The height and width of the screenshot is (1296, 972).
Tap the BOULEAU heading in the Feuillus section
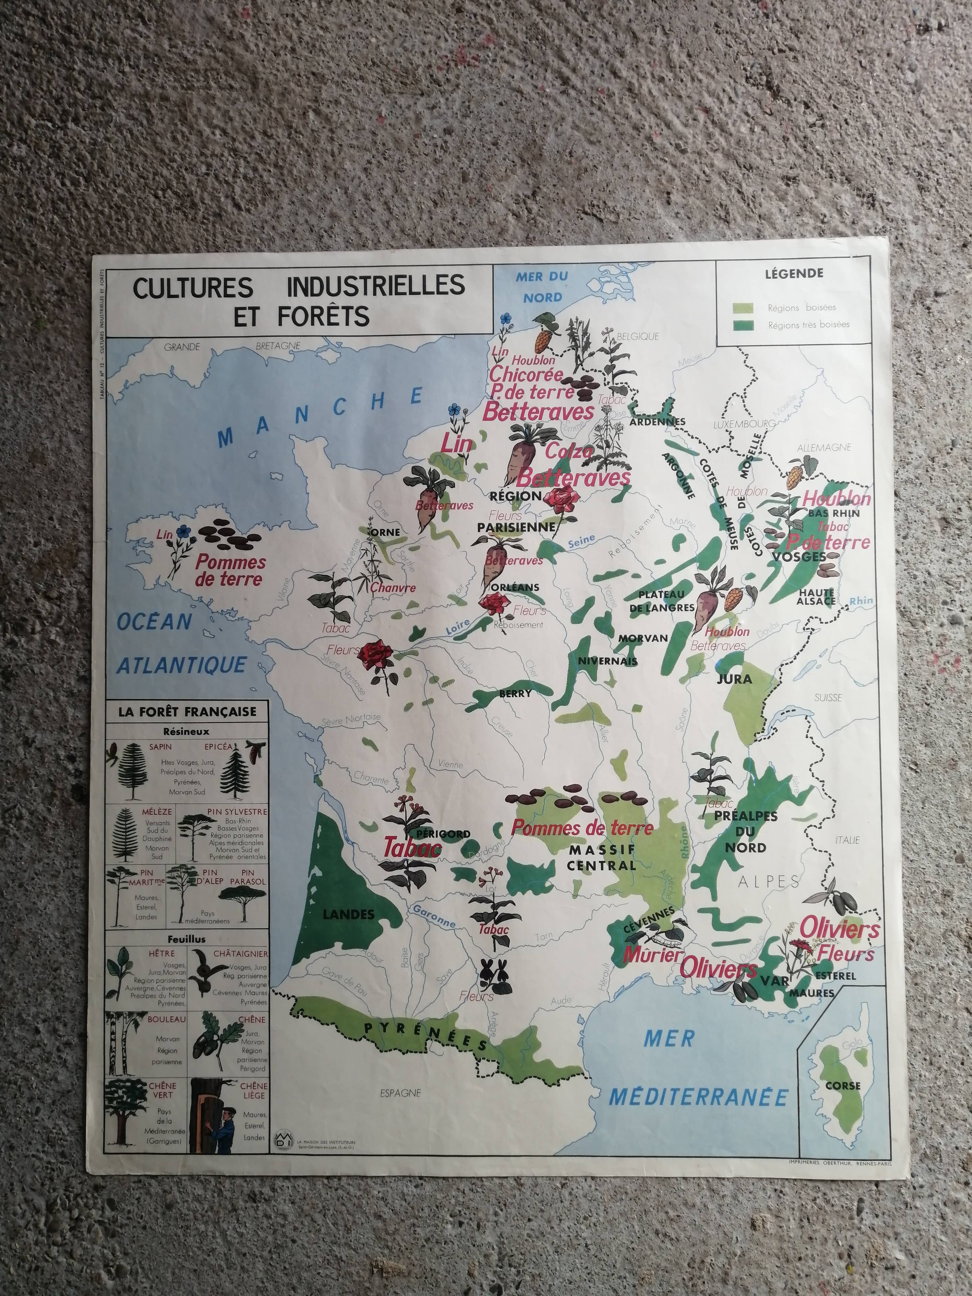[167, 1019]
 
